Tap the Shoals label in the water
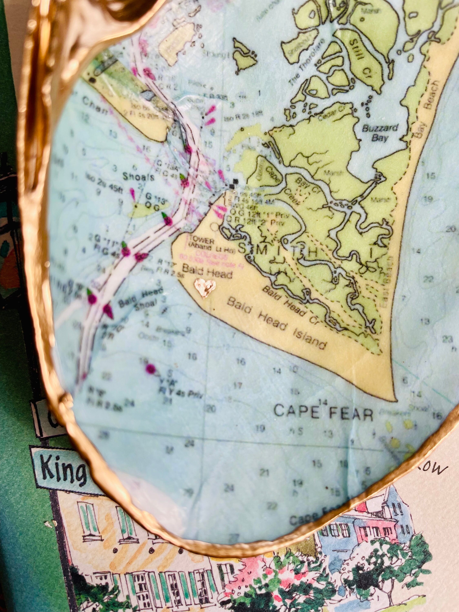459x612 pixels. coord(138,177)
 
